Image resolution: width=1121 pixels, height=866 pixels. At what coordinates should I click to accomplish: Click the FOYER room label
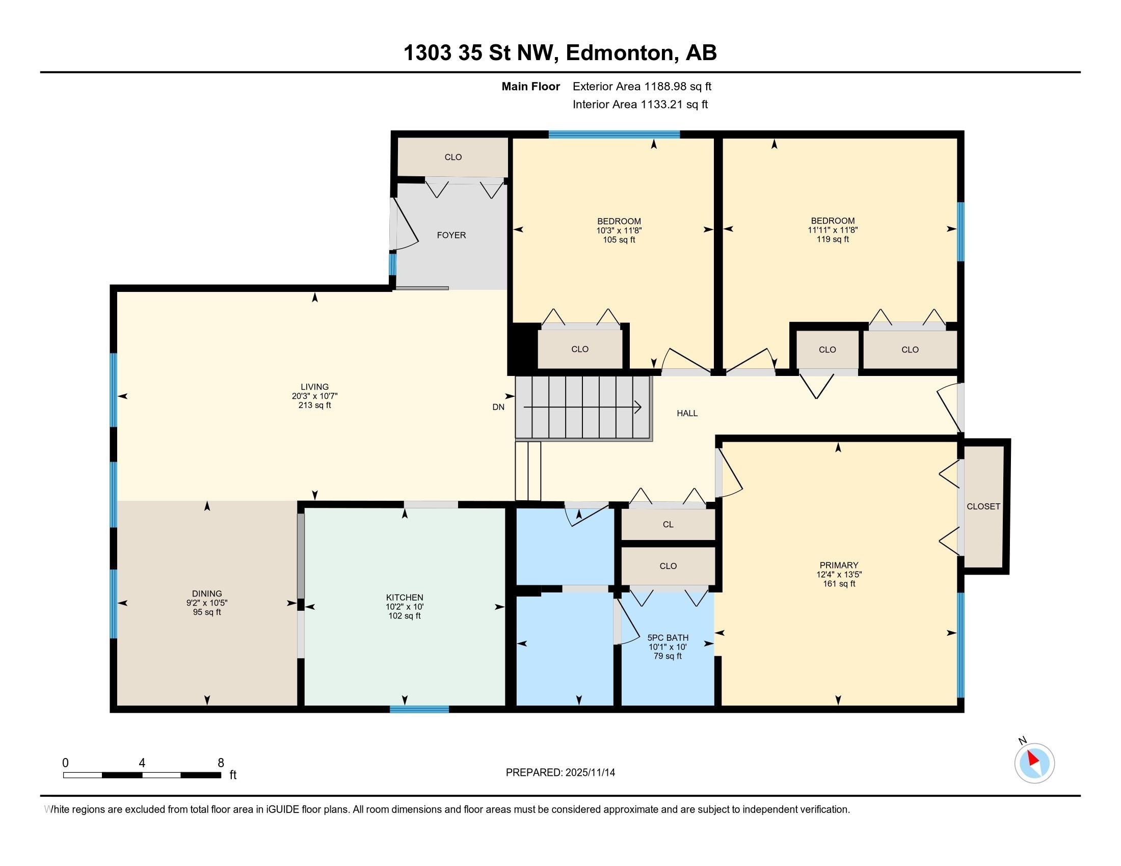point(451,235)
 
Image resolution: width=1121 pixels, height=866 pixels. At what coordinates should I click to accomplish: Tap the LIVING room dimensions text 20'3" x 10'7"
point(314,396)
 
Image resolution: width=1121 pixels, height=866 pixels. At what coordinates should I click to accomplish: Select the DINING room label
point(207,593)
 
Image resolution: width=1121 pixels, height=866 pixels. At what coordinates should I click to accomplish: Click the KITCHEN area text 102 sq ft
point(405,616)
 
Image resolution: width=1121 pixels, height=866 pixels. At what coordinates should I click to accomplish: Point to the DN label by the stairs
point(498,407)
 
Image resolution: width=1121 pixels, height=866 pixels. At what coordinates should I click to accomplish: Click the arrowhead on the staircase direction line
point(638,407)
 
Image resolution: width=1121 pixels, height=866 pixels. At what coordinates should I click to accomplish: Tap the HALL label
point(687,413)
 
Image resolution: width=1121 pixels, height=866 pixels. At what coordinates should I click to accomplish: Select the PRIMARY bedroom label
point(838,565)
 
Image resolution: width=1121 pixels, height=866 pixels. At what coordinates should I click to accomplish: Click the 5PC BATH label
point(668,638)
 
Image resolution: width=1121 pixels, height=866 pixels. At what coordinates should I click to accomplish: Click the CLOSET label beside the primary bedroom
point(983,506)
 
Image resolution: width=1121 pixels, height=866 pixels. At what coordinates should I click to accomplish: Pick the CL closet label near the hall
point(668,524)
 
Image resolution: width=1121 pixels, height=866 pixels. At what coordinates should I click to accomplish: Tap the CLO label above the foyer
point(453,157)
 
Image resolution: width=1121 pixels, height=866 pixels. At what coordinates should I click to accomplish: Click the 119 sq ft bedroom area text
point(833,239)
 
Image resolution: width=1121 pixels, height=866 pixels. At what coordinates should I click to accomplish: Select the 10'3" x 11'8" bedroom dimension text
point(619,231)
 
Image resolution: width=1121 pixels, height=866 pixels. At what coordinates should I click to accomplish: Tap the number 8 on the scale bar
point(221,763)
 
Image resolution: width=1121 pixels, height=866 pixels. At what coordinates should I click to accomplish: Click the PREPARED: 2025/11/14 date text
point(560,772)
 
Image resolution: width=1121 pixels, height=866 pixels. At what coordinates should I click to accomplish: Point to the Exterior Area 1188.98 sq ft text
point(642,86)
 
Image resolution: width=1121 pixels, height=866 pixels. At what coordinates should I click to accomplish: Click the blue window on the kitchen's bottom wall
point(419,710)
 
